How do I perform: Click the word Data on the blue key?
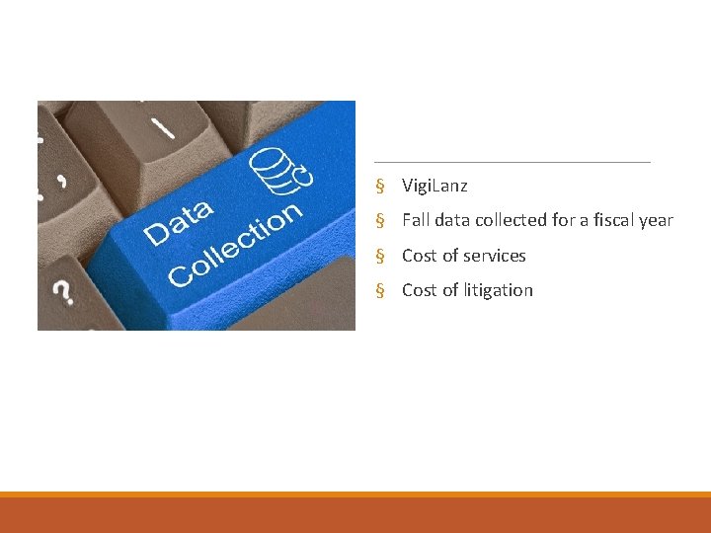point(180,222)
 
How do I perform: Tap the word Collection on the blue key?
point(235,246)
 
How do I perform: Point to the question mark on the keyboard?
point(62,291)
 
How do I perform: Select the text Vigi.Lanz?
point(434,186)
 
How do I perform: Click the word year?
point(657,220)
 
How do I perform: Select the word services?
point(495,256)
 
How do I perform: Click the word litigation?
point(499,290)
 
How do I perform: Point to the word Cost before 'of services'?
point(419,256)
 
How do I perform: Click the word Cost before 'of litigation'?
point(419,290)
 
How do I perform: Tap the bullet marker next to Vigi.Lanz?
point(379,187)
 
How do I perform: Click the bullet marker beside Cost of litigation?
point(379,291)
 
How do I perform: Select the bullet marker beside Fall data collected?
point(379,221)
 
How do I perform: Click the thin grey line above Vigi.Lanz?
point(513,161)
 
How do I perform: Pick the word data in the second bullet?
point(450,220)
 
